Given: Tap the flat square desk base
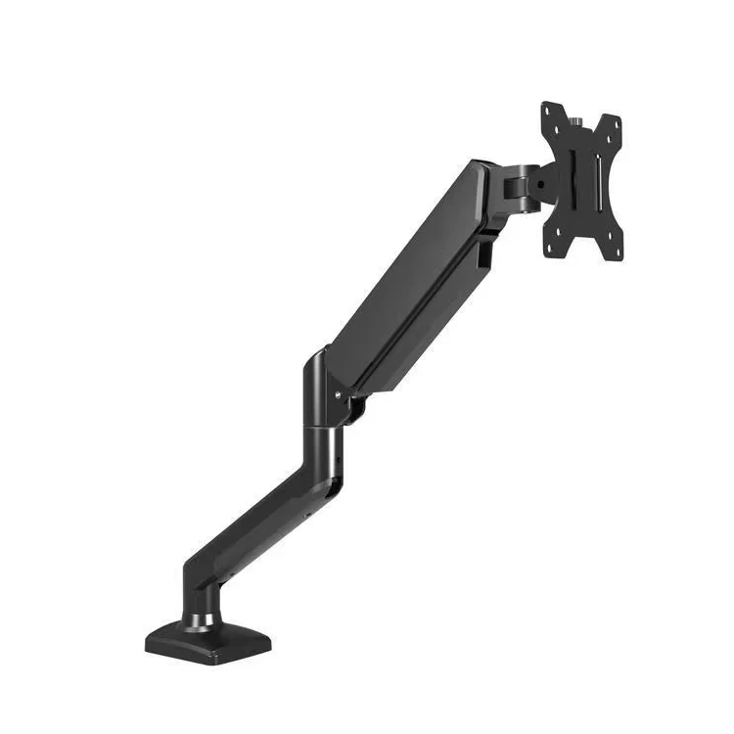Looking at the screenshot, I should click(x=210, y=641).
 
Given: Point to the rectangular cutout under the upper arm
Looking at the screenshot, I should click(x=484, y=256).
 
